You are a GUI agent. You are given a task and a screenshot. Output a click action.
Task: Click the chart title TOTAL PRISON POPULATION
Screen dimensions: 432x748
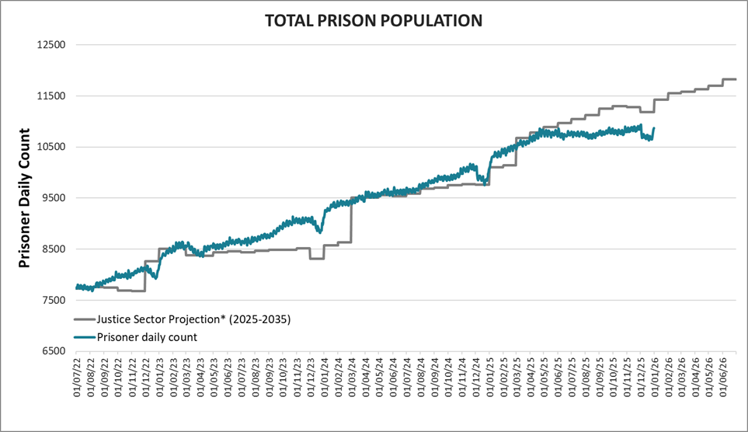point(374,20)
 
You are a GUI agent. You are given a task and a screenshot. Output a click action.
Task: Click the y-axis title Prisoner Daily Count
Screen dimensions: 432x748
point(24,197)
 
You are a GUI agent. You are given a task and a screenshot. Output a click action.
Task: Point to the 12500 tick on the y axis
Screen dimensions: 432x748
point(50,45)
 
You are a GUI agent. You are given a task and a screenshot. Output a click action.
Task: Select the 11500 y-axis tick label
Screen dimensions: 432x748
point(50,96)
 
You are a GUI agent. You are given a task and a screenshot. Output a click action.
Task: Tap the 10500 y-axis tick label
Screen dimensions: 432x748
point(50,147)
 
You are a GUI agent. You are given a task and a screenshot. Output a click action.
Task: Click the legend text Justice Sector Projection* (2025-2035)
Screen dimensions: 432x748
point(193,319)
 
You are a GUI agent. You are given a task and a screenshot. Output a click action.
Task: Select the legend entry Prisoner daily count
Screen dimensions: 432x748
point(146,336)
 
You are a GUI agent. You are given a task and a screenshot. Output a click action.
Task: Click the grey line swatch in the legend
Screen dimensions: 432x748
point(84,319)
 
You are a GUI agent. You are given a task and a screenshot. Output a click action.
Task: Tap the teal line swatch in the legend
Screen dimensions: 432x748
point(84,336)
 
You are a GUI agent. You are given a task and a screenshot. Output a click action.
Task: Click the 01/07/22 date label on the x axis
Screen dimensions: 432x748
point(77,378)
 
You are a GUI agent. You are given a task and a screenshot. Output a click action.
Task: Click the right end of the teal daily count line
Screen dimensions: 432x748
point(654,128)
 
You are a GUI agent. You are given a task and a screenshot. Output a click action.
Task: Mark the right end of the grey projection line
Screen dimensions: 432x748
point(736,79)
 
